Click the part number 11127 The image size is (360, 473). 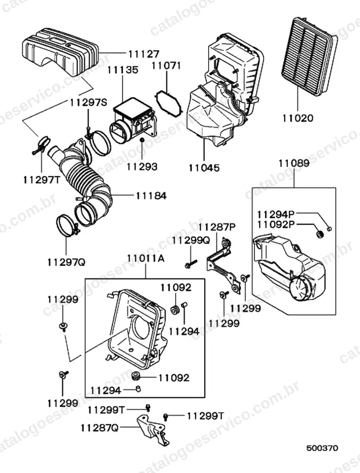tap(144, 54)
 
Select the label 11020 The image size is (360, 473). tap(298, 118)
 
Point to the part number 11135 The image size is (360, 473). tap(123, 70)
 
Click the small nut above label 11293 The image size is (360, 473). tap(142, 140)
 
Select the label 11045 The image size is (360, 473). tap(204, 168)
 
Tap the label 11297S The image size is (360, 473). tap(88, 102)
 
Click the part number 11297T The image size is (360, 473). tap(42, 180)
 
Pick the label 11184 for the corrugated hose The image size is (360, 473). tap(151, 196)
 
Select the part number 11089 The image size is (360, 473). tap(294, 164)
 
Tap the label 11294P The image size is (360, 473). tap(276, 215)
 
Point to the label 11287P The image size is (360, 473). tap(217, 227)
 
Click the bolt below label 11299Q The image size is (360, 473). tap(190, 264)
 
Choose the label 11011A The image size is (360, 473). tap(145, 259)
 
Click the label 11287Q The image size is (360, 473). tap(99, 428)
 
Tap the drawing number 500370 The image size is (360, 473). tap(322, 448)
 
